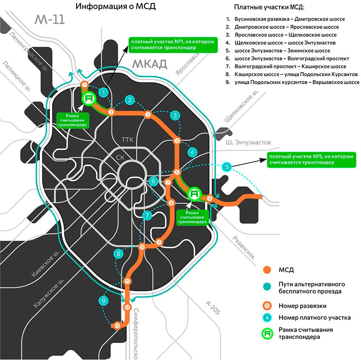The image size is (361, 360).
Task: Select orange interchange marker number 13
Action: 118,326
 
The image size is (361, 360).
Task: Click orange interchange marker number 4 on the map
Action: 178,141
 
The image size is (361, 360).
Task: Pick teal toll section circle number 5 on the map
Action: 227,167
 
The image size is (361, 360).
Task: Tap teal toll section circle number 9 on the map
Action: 103,301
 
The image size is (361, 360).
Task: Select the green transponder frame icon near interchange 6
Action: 195,194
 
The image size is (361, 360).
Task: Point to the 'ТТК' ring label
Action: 127,140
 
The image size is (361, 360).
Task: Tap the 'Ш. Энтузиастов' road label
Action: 248,143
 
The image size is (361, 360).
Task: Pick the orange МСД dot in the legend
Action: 267,270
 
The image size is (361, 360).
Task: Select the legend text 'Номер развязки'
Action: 300,306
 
